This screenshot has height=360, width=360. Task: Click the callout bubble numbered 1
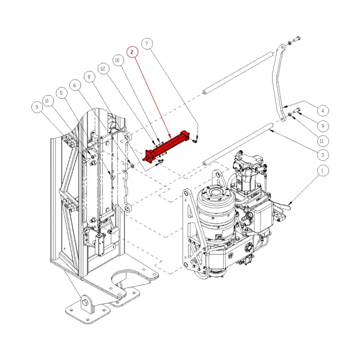point(322,170)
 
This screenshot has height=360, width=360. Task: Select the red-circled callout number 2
point(132,52)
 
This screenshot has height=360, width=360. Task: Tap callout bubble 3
point(322,154)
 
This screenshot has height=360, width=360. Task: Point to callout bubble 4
point(322,110)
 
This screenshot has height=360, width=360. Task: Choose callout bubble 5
point(62,93)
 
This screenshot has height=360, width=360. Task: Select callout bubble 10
point(117,61)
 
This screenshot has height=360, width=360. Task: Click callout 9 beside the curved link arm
point(322,125)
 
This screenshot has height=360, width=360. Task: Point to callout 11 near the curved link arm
point(322,140)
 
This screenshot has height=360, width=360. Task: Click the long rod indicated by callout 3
point(237,145)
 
